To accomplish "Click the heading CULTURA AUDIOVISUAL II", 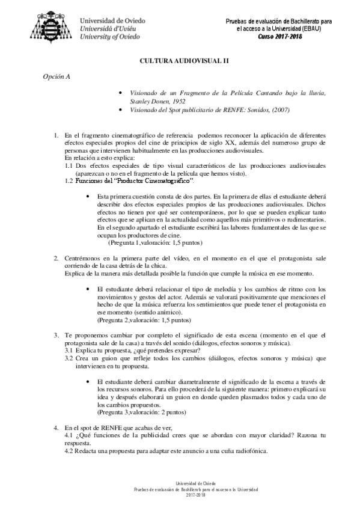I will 180,61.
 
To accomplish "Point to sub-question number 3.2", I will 69,358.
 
